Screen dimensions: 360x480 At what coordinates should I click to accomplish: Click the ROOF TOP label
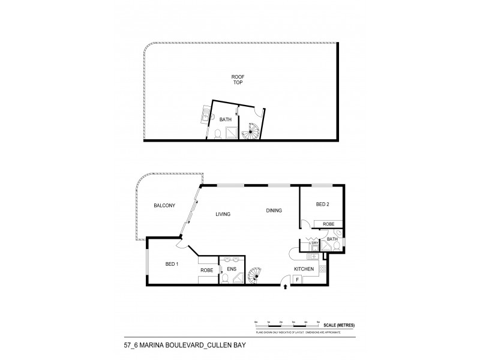[239, 80]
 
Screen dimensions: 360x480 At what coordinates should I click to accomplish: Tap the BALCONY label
[164, 206]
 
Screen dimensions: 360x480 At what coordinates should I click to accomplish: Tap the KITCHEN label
[304, 268]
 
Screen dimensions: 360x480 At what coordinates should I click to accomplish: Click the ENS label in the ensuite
[230, 269]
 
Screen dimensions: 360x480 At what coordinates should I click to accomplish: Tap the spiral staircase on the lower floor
[256, 275]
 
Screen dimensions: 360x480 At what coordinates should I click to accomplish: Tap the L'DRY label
[313, 242]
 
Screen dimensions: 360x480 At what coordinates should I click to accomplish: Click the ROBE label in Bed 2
[328, 224]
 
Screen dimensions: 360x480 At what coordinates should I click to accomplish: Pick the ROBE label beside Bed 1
[207, 270]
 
